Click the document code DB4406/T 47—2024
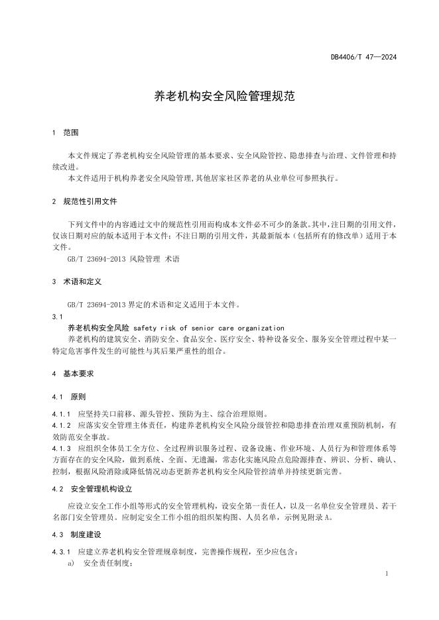pyautogui.click(x=363, y=58)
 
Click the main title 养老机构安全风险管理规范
pyautogui.click(x=219, y=96)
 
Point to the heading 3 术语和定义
pyautogui.click(x=76, y=282)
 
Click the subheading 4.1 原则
pyautogui.click(x=68, y=397)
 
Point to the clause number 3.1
pyautogui.click(x=56, y=317)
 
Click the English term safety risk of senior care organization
pyautogui.click(x=209, y=328)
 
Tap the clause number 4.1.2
pyautogui.click(x=61, y=425)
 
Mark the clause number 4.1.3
pyautogui.click(x=61, y=448)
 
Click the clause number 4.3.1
pyautogui.click(x=61, y=551)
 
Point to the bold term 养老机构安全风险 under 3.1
pyautogui.click(x=98, y=328)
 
